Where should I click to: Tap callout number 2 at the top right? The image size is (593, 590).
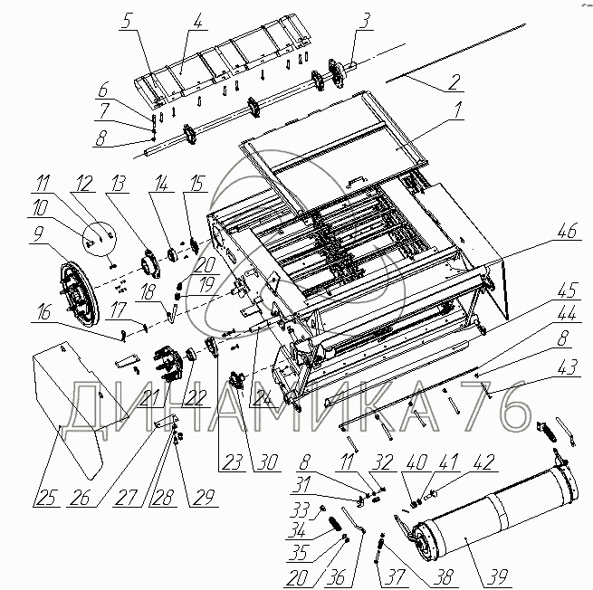coord(454,84)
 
